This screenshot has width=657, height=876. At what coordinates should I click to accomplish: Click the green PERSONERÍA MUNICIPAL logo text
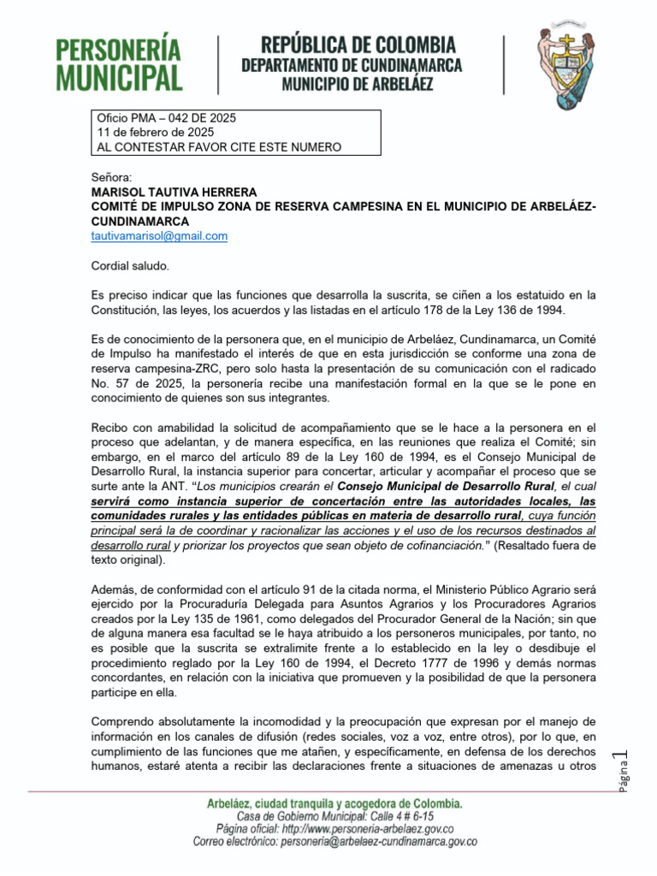(x=120, y=63)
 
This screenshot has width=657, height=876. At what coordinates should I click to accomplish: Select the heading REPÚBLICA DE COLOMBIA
(x=358, y=45)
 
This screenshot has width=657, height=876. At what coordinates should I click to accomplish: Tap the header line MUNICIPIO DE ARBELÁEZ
(x=358, y=84)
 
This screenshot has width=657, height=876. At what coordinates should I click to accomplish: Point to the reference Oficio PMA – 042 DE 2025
(x=168, y=117)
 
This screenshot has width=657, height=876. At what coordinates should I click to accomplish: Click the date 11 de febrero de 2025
(x=156, y=133)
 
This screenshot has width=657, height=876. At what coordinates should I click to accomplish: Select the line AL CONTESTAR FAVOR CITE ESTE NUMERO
(x=220, y=147)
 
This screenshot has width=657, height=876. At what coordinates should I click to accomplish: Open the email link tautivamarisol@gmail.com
(x=159, y=235)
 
